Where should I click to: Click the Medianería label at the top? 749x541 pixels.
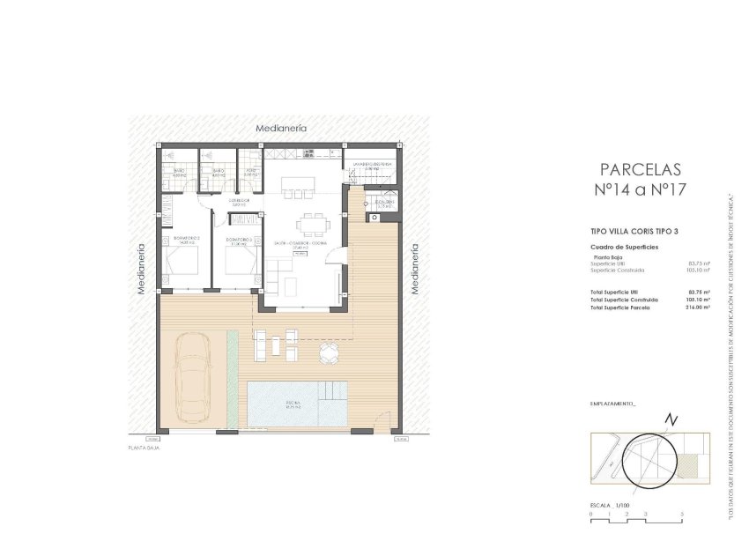point(281,129)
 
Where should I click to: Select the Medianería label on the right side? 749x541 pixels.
point(414,268)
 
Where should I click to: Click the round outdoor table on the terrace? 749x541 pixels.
point(329,353)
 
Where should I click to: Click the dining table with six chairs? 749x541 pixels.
point(308,220)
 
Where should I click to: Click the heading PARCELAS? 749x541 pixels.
point(640,169)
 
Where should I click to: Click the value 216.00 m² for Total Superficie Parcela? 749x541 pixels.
point(698,308)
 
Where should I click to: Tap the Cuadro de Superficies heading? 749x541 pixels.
point(624,248)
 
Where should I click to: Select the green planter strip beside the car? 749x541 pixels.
point(232,374)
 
